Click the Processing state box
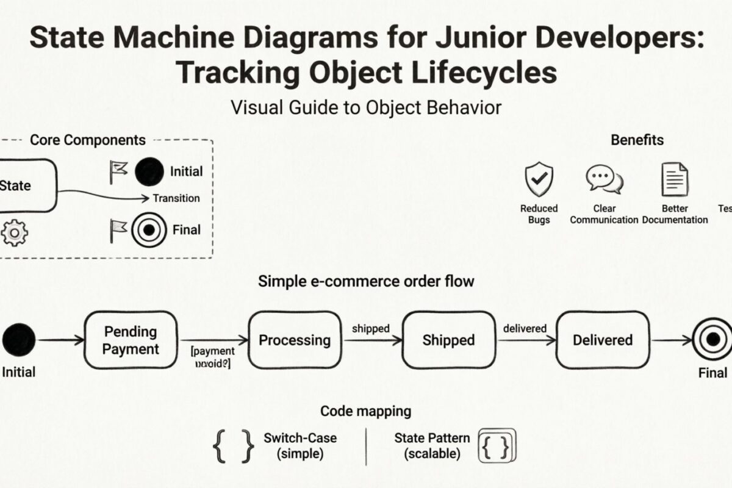pyautogui.click(x=295, y=340)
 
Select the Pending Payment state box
pyautogui.click(x=131, y=340)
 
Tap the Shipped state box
pyautogui.click(x=448, y=340)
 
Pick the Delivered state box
pyautogui.click(x=602, y=340)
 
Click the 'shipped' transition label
pyautogui.click(x=371, y=329)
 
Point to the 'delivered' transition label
pyautogui.click(x=525, y=329)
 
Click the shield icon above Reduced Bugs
pyautogui.click(x=539, y=179)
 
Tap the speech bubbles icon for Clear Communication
pyautogui.click(x=604, y=179)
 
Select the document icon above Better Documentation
pyautogui.click(x=675, y=179)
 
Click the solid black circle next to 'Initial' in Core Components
pyautogui.click(x=149, y=172)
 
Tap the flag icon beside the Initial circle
pyautogui.click(x=118, y=172)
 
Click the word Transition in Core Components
pyautogui.click(x=176, y=198)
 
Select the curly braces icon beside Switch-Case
pyautogui.click(x=233, y=445)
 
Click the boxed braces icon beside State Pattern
pyautogui.click(x=497, y=445)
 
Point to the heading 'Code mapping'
pyautogui.click(x=365, y=411)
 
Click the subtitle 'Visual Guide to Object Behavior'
pyautogui.click(x=366, y=107)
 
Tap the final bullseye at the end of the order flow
pyautogui.click(x=712, y=340)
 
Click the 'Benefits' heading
pyautogui.click(x=637, y=140)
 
